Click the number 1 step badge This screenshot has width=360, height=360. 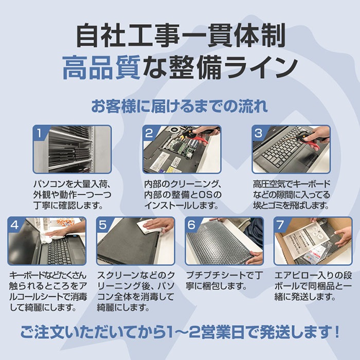39,133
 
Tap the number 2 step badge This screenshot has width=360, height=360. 149,133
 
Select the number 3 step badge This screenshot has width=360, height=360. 258,133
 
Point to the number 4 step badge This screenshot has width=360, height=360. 14,224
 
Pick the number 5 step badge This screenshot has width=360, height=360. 103,224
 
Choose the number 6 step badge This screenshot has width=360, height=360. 191,224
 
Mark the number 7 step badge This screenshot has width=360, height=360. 280,224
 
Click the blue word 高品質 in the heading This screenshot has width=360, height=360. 101,68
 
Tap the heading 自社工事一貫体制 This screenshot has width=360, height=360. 181,35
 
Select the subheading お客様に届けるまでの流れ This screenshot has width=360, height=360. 179,106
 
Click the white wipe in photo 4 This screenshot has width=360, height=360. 49,238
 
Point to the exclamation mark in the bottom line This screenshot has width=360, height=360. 337,332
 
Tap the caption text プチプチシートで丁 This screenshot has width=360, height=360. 224,275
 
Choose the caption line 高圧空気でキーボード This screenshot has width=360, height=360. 291,184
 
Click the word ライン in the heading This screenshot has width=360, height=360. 262,68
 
